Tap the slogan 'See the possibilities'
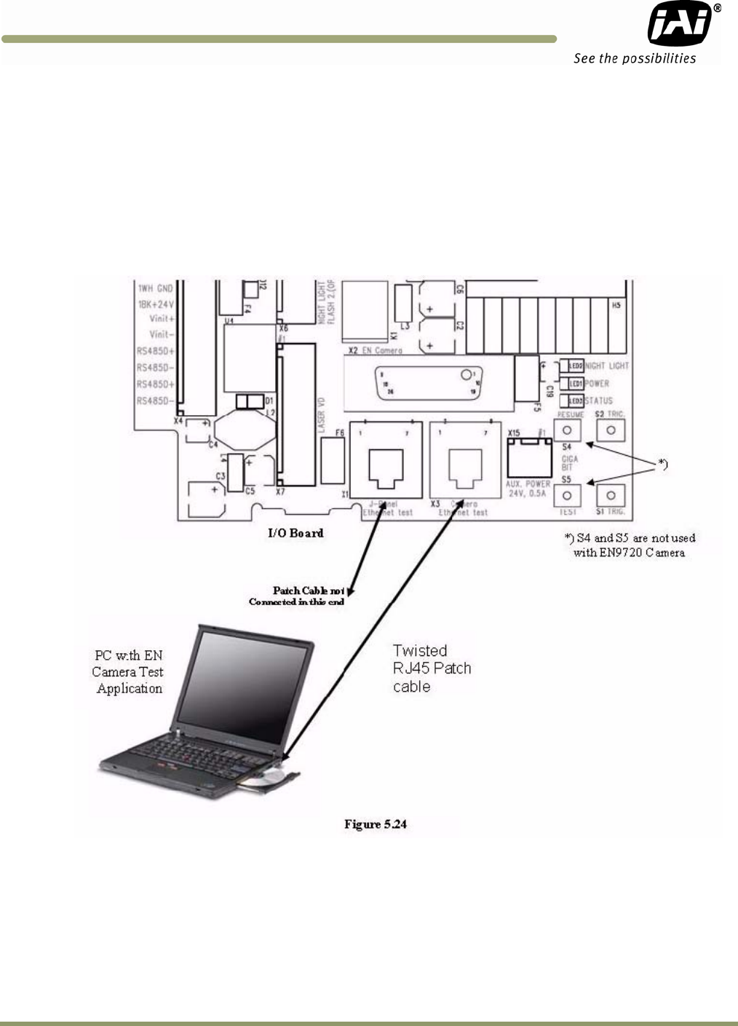pos(635,59)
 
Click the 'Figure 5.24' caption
pos(376,824)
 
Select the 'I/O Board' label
pos(295,533)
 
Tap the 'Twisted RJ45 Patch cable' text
pos(432,668)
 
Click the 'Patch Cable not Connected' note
pos(297,596)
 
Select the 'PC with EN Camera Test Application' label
pos(128,672)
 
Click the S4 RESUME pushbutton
pos(568,430)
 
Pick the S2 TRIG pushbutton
pos(611,430)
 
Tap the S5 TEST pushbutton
pos(568,496)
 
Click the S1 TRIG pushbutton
pos(611,496)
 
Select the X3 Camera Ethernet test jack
pos(465,463)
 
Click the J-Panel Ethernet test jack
pos(385,463)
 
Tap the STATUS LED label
pos(598,400)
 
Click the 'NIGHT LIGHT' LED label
pos(607,366)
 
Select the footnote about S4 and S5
pos(630,545)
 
